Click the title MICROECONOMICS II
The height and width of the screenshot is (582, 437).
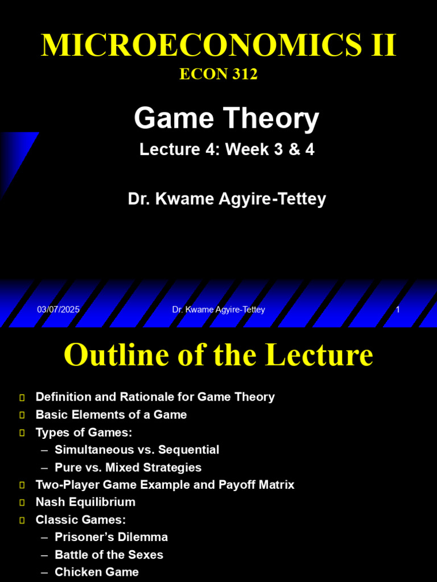click(218, 45)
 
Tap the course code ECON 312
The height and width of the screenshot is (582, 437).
click(218, 74)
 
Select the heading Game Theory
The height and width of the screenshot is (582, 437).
click(226, 119)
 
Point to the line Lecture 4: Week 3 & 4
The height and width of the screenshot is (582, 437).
click(226, 149)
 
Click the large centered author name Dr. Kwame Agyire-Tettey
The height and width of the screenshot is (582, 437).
click(226, 199)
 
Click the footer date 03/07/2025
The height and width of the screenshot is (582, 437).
click(58, 310)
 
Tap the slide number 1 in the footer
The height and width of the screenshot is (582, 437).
click(398, 310)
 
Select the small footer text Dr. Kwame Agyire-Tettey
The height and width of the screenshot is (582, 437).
click(218, 310)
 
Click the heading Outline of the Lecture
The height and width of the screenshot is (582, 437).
click(218, 355)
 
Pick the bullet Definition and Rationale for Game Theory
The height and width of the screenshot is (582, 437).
click(155, 397)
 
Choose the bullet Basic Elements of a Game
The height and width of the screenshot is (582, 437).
click(111, 415)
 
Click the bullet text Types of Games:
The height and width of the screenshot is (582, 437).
click(84, 433)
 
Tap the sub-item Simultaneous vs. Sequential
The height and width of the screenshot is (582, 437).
click(137, 450)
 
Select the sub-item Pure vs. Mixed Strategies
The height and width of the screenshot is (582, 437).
click(128, 468)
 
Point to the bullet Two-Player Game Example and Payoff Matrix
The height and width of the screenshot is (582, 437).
click(165, 485)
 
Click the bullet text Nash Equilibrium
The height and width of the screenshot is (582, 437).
click(85, 502)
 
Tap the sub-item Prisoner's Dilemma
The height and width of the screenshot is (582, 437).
click(111, 537)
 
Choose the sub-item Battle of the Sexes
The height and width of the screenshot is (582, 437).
click(109, 555)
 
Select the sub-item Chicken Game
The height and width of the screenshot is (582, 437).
click(97, 572)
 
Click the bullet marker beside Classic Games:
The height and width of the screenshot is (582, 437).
click(22, 520)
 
